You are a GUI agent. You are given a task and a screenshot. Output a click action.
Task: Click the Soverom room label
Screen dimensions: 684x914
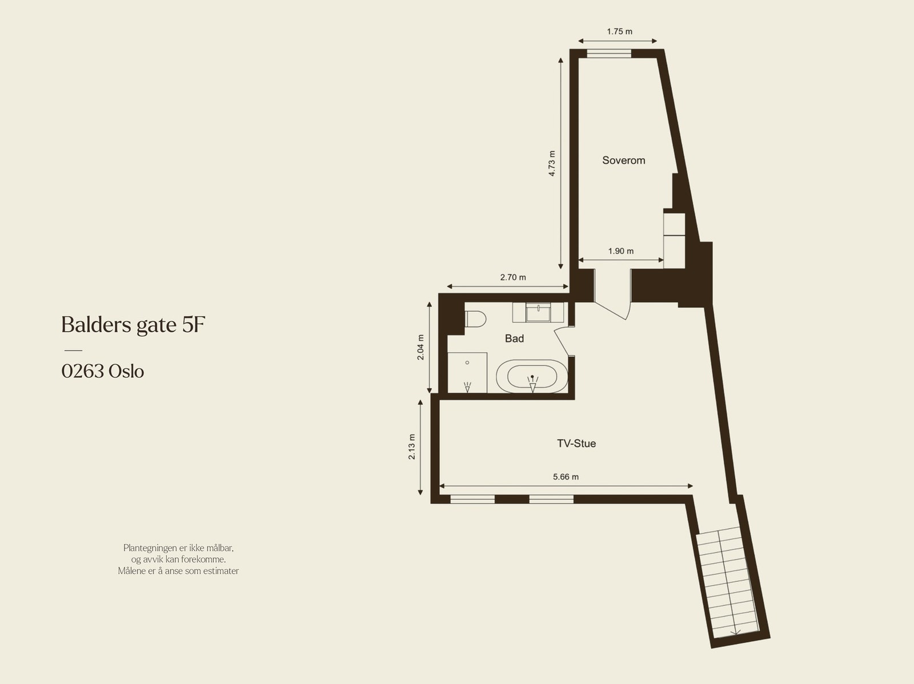(x=623, y=160)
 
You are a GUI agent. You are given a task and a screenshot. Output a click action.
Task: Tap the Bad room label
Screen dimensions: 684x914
(x=514, y=339)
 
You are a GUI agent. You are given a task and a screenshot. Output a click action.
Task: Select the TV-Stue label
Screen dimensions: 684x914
(x=576, y=444)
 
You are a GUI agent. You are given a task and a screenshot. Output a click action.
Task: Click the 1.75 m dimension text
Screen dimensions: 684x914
(x=619, y=32)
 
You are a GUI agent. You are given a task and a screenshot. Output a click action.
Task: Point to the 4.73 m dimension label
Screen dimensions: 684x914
(x=552, y=163)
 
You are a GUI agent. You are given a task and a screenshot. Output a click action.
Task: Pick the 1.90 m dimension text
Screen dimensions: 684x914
(x=621, y=251)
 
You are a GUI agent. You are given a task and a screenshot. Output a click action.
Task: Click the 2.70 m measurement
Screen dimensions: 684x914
(x=512, y=277)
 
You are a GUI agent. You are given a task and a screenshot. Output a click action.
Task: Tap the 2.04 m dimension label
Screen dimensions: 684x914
(x=420, y=347)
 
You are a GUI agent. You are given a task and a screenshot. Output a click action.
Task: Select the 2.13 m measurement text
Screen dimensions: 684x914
(x=412, y=447)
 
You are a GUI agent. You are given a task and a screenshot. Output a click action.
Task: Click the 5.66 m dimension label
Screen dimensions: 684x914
(x=566, y=477)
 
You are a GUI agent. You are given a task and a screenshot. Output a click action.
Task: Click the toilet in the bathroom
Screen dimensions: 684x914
(x=475, y=319)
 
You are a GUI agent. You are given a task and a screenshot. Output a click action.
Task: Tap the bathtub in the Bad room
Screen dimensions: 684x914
(x=532, y=376)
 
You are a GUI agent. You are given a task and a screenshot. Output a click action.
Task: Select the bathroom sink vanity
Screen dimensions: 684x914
(x=538, y=312)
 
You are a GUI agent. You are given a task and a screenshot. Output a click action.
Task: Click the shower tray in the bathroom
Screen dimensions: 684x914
(x=467, y=372)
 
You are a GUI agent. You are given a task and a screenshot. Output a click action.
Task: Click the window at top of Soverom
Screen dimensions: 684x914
(x=609, y=54)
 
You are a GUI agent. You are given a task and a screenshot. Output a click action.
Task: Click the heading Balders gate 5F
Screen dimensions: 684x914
(x=133, y=325)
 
